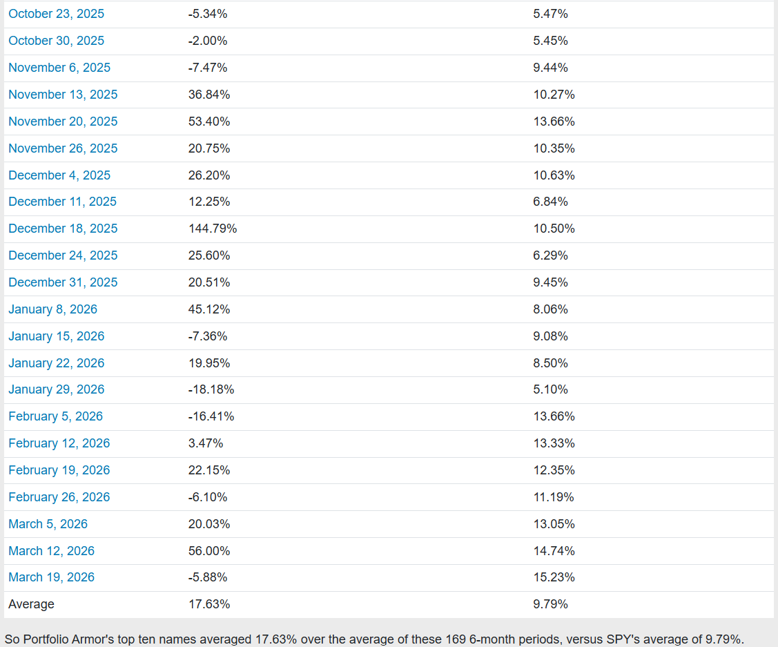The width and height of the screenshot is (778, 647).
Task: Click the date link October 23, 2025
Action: tap(56, 14)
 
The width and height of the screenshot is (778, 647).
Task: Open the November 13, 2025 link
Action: tap(63, 95)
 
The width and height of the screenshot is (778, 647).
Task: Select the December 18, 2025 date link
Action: tap(63, 229)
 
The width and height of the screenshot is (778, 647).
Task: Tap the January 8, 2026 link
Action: tap(52, 309)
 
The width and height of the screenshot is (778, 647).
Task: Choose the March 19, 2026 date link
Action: tap(51, 577)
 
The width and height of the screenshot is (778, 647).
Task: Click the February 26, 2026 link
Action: tap(59, 497)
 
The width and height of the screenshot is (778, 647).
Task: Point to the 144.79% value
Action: tap(213, 229)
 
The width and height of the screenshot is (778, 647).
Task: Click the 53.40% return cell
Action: tap(209, 122)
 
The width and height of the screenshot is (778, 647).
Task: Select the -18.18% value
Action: tap(211, 389)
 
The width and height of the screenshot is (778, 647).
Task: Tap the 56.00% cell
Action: tap(209, 551)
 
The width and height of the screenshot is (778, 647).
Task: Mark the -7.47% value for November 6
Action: tap(207, 68)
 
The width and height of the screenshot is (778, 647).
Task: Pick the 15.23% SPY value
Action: tap(554, 577)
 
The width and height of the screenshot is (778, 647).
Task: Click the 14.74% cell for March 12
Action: tap(554, 551)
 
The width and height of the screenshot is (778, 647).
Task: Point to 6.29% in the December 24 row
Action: tap(550, 255)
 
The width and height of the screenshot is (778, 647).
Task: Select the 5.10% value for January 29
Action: tap(550, 389)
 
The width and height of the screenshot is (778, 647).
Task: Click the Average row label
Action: tap(31, 604)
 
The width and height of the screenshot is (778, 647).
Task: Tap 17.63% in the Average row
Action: tap(209, 604)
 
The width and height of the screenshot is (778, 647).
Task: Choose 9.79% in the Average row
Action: tap(550, 604)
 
